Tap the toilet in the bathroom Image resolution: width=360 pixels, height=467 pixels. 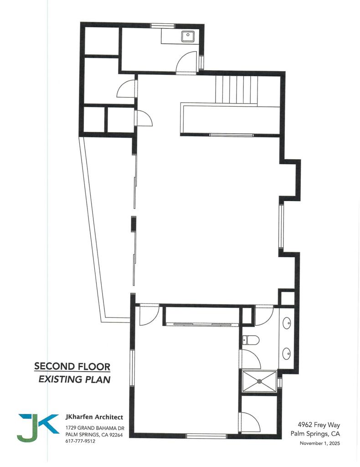coord(251,340)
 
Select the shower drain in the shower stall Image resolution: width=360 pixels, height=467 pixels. coord(260,380)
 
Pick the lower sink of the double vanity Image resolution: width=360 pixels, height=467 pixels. coord(287,353)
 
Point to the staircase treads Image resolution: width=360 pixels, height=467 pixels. coord(237,90)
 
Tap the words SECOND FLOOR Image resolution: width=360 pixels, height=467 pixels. coord(72,366)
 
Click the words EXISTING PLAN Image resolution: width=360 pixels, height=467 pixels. coord(74,379)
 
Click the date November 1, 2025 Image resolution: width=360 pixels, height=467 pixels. coord(319,443)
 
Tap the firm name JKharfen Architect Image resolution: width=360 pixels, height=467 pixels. coord(94,417)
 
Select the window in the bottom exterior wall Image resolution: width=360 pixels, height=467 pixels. coord(206,436)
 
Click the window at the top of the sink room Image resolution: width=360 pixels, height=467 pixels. coord(163,26)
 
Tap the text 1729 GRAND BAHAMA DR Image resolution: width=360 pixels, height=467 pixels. coord(95,428)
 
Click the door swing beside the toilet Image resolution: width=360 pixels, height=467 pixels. coord(250,360)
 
